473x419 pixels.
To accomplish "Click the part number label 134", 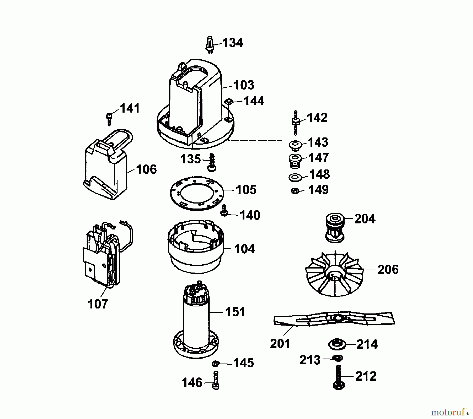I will click(233, 43).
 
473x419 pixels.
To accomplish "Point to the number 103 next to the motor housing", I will click(244, 85).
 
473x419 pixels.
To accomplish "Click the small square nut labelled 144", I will click(230, 101).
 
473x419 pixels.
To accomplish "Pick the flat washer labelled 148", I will click(295, 177).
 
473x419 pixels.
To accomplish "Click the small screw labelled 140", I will click(224, 211).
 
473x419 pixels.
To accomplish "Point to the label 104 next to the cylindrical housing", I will click(244, 249).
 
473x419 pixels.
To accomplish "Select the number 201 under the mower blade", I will click(280, 344).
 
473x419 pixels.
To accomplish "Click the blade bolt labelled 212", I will click(339, 378).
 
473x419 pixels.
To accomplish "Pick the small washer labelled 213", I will click(337, 358).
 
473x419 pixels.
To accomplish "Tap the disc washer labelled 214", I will click(337, 344).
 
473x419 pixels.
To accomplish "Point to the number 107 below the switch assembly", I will click(98, 304).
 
